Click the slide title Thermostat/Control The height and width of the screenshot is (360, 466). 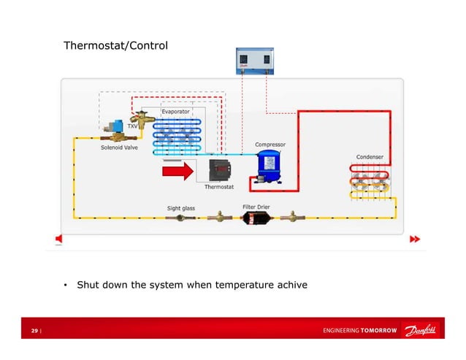coord(115,46)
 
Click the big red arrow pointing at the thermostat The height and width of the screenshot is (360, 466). coord(178,172)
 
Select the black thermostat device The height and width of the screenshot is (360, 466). coord(219,171)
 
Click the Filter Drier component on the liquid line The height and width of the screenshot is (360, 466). coord(256,218)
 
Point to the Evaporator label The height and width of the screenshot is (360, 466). coord(176,111)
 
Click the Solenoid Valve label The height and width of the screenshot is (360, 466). coord(119,147)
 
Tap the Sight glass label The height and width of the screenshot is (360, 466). coord(181,208)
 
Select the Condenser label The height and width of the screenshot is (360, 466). coord(370,157)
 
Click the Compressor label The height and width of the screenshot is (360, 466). coord(270,145)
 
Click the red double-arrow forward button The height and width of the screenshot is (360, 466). coord(415,239)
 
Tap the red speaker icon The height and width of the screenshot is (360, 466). coord(59,239)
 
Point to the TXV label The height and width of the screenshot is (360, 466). coord(132,126)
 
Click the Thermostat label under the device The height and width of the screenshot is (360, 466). coord(219,187)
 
